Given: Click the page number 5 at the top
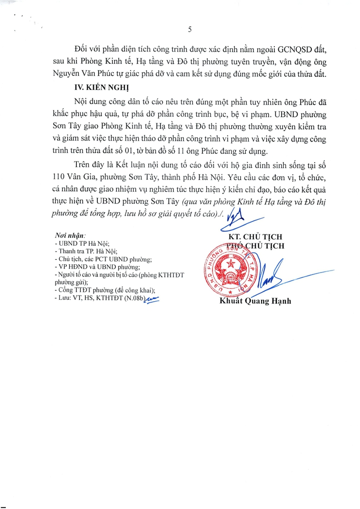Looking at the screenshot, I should pyautogui.click(x=189, y=29).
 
